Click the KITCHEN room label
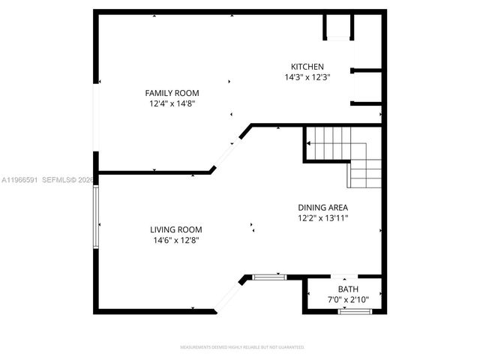coord(307,66)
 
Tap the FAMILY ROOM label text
coord(172,93)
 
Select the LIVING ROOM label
coord(175,229)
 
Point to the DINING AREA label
coord(322,208)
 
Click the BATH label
coord(348,289)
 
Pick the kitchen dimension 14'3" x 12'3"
coord(307,77)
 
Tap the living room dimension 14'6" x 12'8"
coord(175,241)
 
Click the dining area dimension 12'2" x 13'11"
coord(322,218)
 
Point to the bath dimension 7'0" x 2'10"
coord(348,300)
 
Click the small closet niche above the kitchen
coord(337,28)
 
